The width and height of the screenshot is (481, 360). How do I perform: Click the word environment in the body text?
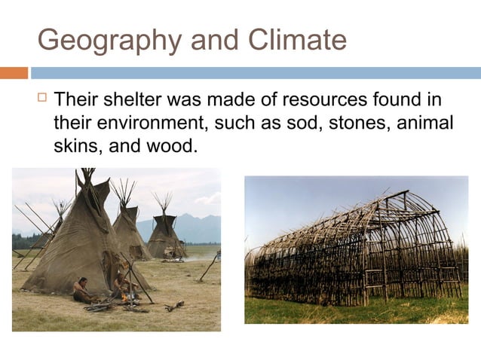[154, 122]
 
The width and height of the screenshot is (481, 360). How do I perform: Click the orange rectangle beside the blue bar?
[14, 73]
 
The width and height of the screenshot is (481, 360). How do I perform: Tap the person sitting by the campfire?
[81, 290]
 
